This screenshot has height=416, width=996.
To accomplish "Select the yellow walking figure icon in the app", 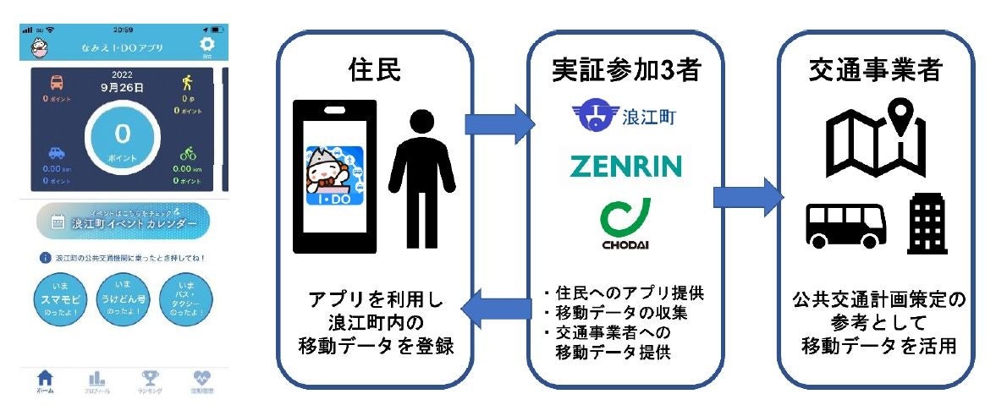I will (x=186, y=83).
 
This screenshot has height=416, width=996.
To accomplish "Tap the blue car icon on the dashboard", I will (x=56, y=154).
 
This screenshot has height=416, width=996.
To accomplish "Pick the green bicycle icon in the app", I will (x=187, y=154).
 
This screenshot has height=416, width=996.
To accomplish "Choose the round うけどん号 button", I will (x=122, y=294).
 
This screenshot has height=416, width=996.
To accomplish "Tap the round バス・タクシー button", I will (x=184, y=294).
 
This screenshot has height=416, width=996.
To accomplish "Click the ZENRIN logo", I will (x=625, y=165).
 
